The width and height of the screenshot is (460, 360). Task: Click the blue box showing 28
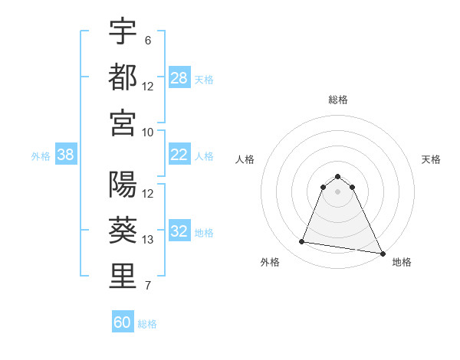(x=179, y=78)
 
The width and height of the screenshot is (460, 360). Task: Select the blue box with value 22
(x=179, y=155)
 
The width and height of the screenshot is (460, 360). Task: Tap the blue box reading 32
(x=179, y=232)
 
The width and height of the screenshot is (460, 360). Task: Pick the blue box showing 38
(x=66, y=155)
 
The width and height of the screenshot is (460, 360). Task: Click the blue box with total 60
(x=123, y=322)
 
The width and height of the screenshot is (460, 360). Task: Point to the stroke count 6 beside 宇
(x=147, y=40)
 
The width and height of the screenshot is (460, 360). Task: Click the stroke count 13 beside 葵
(x=148, y=240)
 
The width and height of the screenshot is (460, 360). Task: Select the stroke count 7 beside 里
(x=147, y=286)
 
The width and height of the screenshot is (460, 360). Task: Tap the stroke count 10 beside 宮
(x=148, y=131)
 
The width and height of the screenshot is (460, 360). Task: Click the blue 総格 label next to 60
(x=147, y=324)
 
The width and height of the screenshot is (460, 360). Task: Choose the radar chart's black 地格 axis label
(x=402, y=262)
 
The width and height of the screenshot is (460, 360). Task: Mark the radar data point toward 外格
(x=302, y=242)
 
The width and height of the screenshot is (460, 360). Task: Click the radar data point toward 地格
(x=383, y=254)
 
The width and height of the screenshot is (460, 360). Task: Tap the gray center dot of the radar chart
(x=337, y=201)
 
